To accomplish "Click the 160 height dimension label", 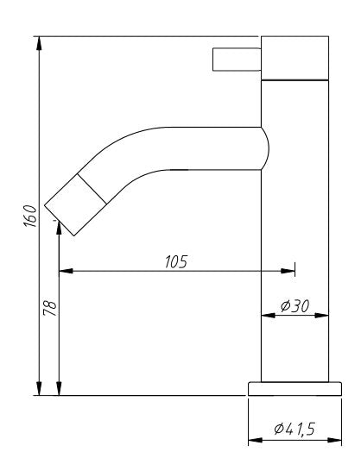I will pyautogui.click(x=29, y=215).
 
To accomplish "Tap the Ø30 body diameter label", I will pyautogui.click(x=295, y=306).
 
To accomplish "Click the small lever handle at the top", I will pyautogui.click(x=236, y=59).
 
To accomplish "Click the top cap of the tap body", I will pyautogui.click(x=295, y=58).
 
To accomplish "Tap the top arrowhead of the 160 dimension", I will pyautogui.click(x=40, y=43).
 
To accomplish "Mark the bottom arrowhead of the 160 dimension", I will pyautogui.click(x=40, y=389).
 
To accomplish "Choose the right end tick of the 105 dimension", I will pyautogui.click(x=294, y=271).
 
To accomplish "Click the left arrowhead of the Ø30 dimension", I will pyautogui.click(x=266, y=315).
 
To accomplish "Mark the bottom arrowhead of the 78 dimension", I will pyautogui.click(x=59, y=390).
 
